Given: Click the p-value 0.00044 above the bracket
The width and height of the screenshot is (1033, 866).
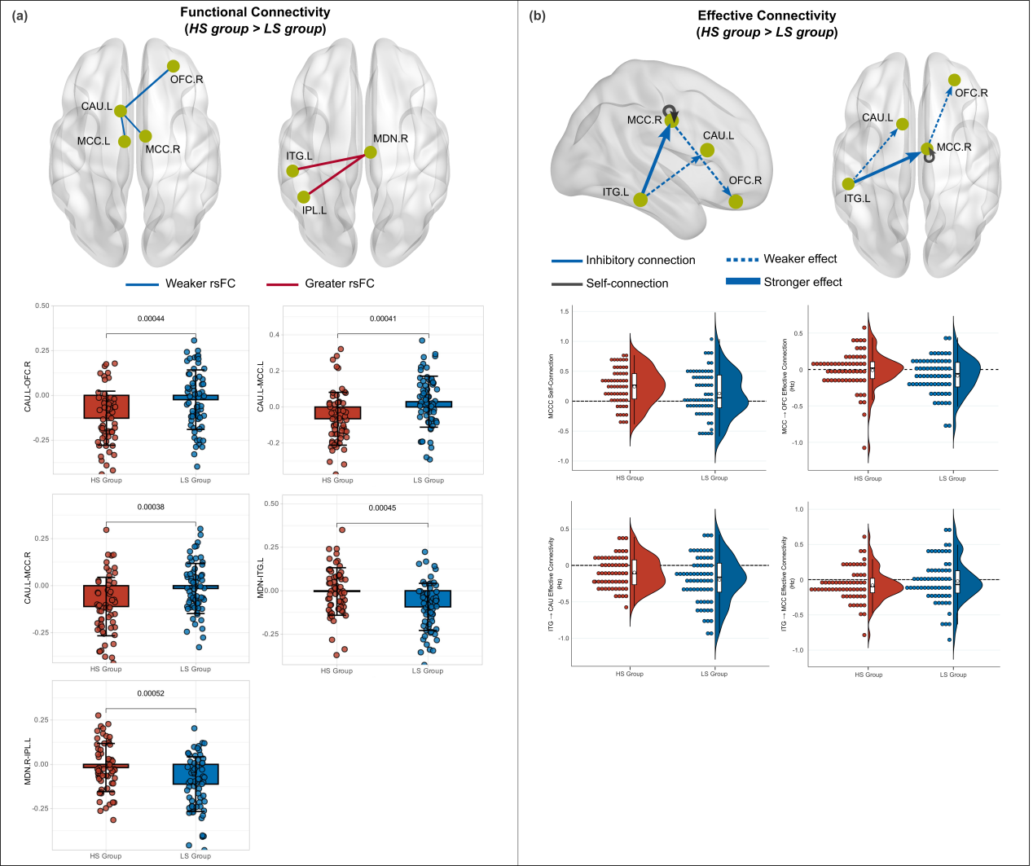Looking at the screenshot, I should pos(151,319).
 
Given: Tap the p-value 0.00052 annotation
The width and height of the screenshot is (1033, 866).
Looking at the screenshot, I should pos(151,693).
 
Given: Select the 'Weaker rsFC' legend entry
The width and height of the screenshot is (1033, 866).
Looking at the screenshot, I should pos(200,284).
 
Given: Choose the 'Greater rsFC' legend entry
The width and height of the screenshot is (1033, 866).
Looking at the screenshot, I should pos(339,284).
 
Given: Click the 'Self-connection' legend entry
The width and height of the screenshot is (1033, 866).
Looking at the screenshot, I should pos(626,284).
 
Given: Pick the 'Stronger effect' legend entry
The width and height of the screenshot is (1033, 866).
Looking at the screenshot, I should pos(802,282).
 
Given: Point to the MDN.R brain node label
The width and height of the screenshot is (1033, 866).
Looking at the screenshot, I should pos(390,138).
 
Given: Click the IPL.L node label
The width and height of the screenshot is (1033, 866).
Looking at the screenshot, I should pos(314,210).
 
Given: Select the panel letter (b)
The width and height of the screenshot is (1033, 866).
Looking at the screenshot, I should pos(538,15).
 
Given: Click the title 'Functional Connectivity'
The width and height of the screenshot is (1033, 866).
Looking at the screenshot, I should pos(255,12).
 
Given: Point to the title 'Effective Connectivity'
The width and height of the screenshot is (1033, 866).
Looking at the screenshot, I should pos(767,15).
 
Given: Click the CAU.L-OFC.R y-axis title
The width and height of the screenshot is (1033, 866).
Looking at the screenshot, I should pos(28,386).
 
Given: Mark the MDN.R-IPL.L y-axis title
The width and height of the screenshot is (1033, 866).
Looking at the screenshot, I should pos(28,762).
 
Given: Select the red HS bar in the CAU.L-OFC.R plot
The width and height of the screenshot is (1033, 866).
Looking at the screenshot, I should pos(106,407).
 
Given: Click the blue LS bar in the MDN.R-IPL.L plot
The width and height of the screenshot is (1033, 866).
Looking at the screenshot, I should pos(196,774).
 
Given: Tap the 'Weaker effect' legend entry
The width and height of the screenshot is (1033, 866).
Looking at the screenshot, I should pos(800,259).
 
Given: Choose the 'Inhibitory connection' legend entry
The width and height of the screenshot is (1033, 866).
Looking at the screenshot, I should pos(640,260).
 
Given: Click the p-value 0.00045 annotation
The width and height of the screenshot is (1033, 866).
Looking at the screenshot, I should pos(382,508).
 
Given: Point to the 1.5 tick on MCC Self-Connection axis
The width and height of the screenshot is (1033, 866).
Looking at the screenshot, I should pos(564,311).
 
